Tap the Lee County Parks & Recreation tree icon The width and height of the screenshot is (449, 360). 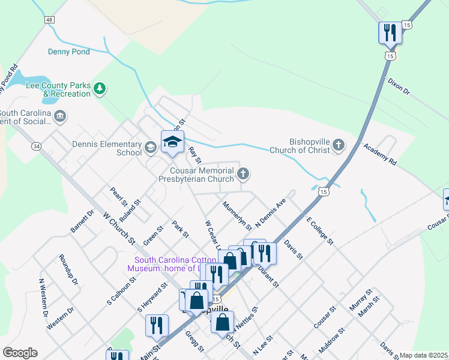coord(100,89)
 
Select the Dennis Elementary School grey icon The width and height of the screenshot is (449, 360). coord(150,146)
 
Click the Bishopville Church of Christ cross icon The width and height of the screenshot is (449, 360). coord(339,145)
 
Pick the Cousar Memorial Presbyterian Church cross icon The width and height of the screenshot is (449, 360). coord(243,174)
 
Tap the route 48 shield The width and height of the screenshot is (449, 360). coord(49,20)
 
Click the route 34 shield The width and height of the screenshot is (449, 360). coord(37,146)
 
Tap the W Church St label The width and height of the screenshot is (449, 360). coord(119,228)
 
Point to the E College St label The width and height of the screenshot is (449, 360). coord(319,231)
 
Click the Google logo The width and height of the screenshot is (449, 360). coord(20,353)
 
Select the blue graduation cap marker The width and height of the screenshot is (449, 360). coord(172,142)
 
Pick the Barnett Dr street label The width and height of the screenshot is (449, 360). coord(83,221)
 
